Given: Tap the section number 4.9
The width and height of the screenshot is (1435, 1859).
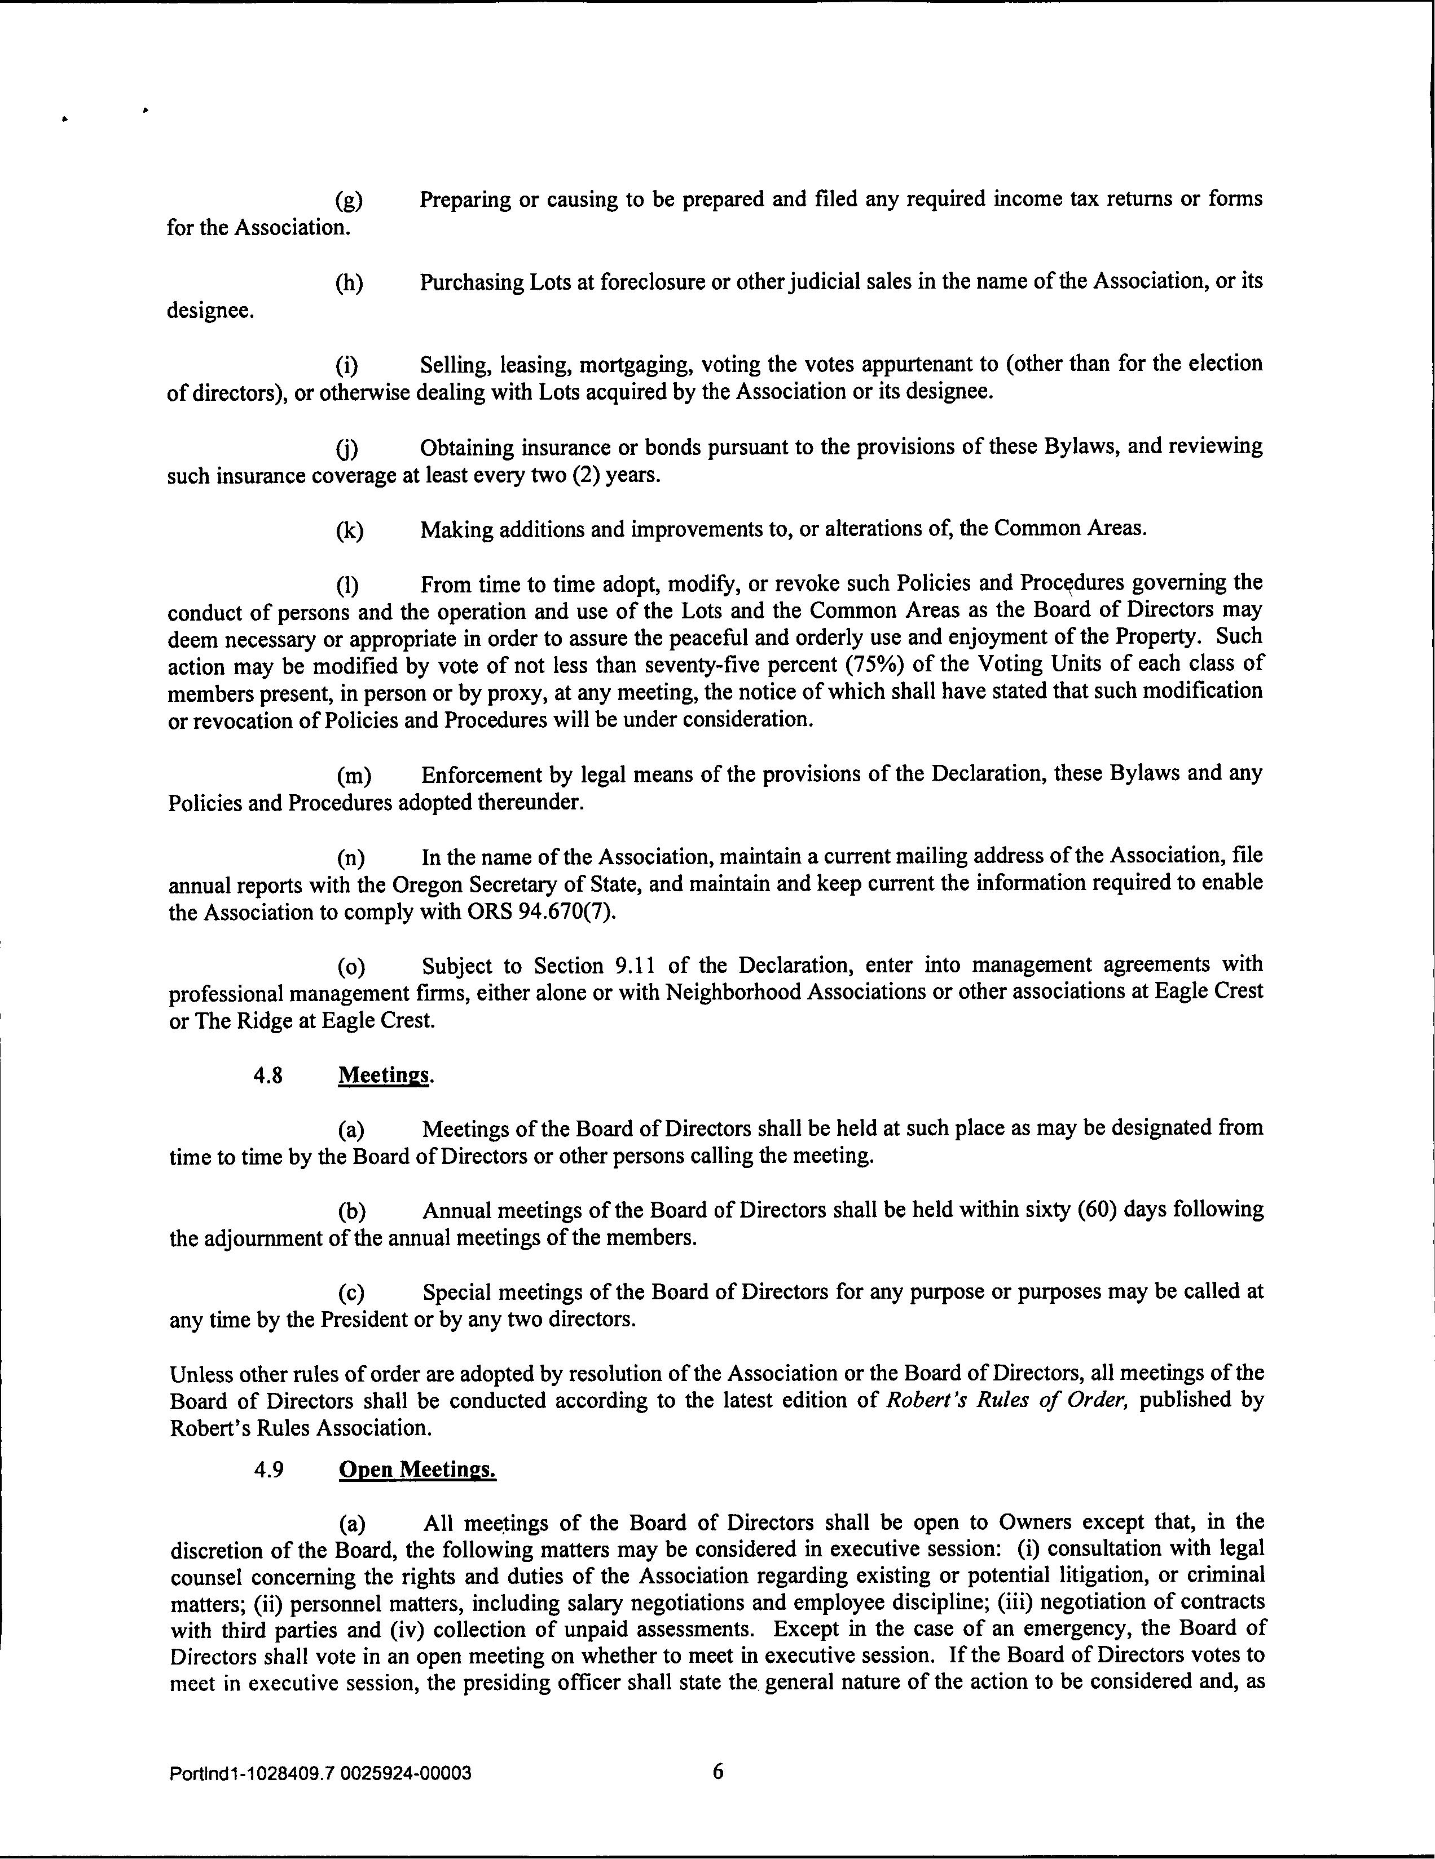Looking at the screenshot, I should coord(268,1470).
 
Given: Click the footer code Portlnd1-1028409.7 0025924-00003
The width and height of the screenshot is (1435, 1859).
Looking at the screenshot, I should coord(320,1774).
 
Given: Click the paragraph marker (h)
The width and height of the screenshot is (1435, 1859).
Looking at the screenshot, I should coord(349,282).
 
